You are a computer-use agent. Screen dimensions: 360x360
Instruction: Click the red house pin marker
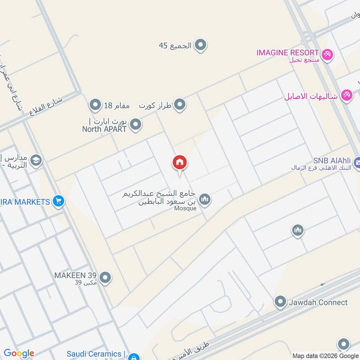(180, 163)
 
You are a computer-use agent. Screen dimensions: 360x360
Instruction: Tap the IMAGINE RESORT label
(288, 52)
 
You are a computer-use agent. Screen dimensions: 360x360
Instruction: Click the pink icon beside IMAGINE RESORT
(328, 54)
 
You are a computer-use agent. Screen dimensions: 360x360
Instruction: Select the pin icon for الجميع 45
(201, 45)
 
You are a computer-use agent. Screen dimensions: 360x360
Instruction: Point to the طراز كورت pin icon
(180, 105)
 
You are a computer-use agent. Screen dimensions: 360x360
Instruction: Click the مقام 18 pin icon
(95, 105)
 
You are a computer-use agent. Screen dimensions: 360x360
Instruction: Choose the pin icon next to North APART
(135, 125)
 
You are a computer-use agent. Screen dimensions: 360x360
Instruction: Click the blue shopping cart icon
(58, 202)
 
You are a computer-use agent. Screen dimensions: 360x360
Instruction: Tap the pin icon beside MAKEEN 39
(105, 278)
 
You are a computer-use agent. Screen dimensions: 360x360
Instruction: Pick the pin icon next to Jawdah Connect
(280, 301)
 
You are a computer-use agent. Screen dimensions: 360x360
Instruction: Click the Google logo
(19, 353)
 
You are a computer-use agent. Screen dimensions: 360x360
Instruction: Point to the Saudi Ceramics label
(94, 354)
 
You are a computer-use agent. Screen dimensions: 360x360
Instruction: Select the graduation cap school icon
(36, 160)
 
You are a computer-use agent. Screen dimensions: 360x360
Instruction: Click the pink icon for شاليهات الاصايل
(346, 95)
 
